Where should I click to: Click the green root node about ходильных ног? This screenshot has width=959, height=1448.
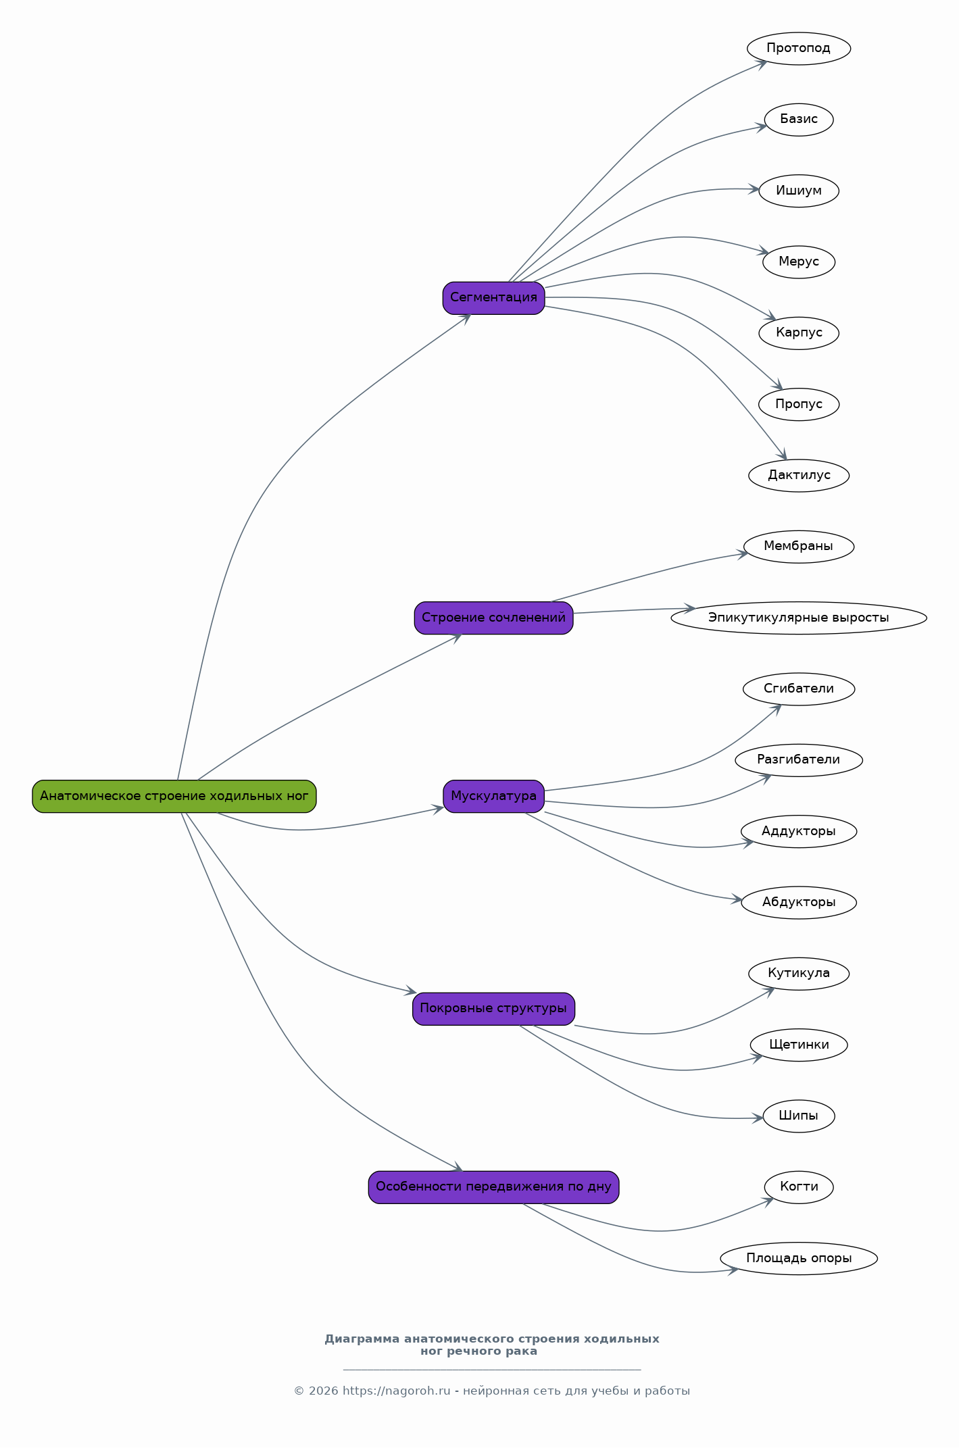(174, 796)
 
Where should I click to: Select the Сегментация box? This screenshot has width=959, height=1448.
(493, 298)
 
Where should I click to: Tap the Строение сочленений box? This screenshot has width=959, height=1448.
(493, 618)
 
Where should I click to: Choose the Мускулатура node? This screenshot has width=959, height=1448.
(493, 796)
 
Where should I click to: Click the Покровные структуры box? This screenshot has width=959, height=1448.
(493, 1009)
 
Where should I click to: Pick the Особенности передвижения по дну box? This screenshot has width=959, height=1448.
(493, 1187)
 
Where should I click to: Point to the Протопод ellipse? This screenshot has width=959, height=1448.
(799, 49)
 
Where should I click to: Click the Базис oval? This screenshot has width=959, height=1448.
(799, 120)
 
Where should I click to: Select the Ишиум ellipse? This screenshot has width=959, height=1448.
(799, 191)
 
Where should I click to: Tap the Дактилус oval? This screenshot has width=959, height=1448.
(799, 476)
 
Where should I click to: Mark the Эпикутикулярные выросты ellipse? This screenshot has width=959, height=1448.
(799, 618)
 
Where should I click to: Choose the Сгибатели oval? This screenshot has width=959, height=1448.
(799, 689)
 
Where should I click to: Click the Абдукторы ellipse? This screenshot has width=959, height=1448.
(799, 903)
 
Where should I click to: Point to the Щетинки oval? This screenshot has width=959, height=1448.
(799, 1045)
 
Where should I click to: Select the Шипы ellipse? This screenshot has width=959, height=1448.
(799, 1116)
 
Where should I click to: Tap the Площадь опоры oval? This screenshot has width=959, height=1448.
(799, 1259)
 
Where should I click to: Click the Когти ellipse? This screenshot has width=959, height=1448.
(799, 1187)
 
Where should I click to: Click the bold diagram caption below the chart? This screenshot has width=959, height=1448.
(492, 1345)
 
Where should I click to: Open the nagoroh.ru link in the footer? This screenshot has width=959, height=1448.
(396, 1391)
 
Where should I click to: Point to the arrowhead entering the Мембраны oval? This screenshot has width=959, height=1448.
(743, 554)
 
